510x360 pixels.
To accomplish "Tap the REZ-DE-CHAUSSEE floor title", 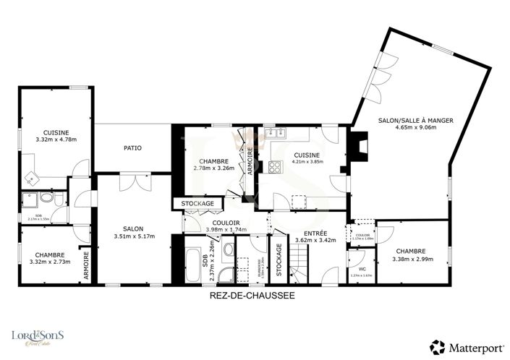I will pos(252,296).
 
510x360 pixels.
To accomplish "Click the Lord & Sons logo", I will pos(37,338).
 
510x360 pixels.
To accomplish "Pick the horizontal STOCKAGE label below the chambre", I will pos(197,204).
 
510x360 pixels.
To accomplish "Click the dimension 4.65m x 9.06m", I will pos(415,128).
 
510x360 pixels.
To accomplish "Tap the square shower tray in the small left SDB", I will pos(31,199).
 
